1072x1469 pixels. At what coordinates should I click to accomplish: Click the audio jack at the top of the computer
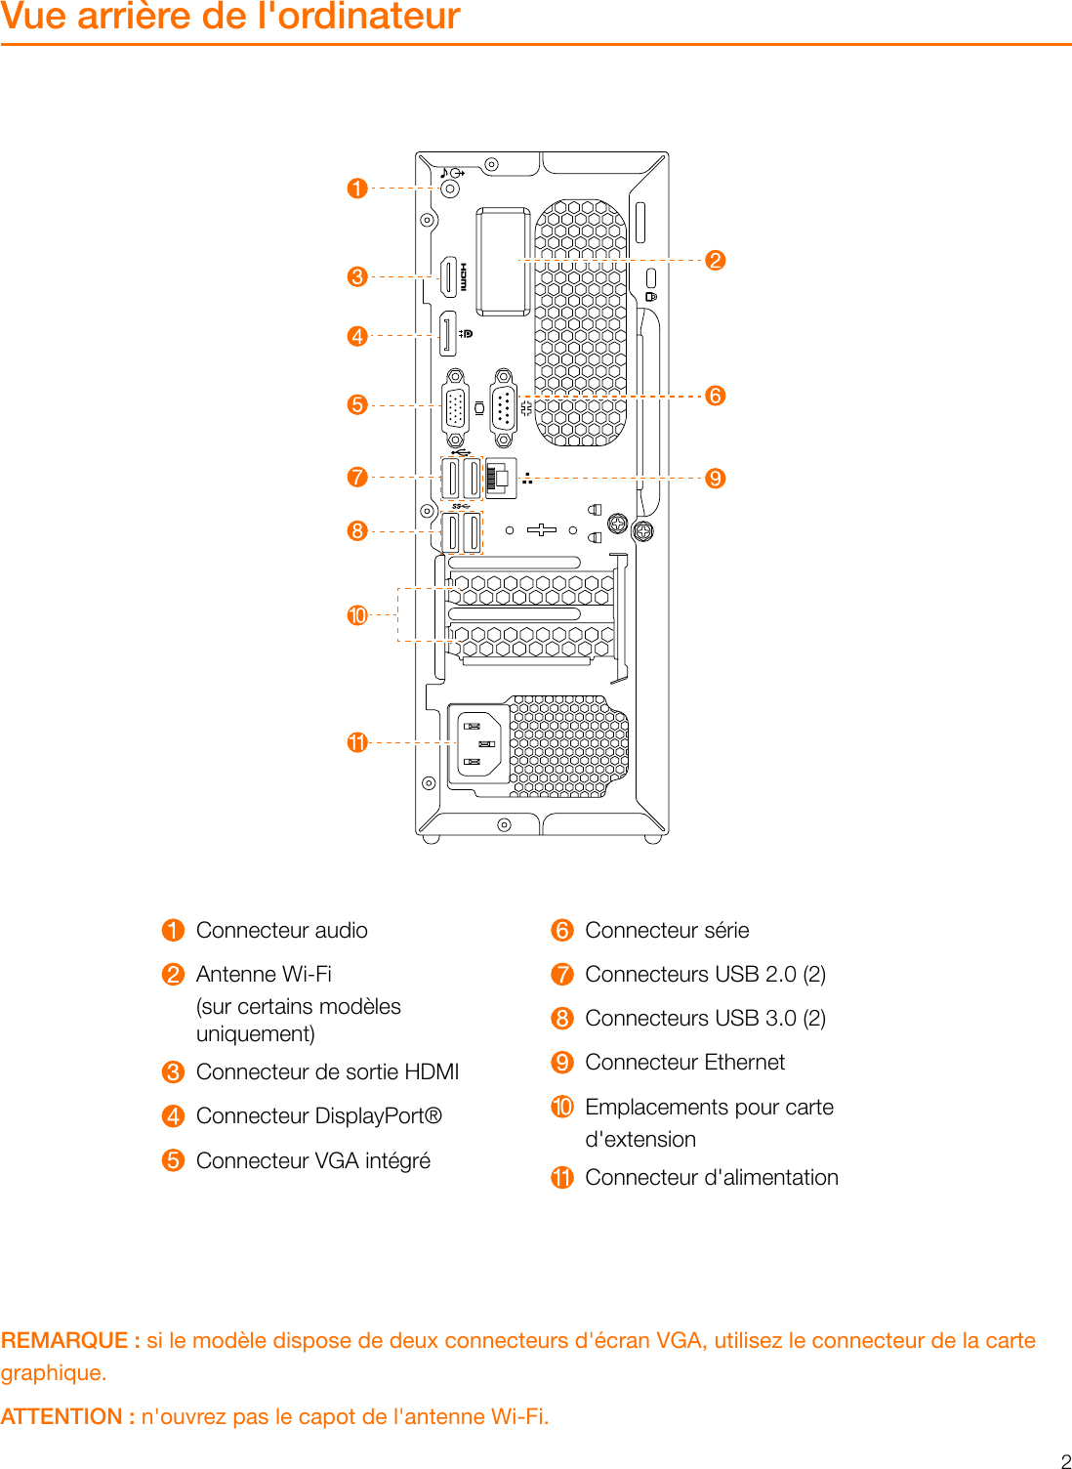[x=450, y=189]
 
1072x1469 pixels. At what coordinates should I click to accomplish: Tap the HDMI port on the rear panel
[x=449, y=277]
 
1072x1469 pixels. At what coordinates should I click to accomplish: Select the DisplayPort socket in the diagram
[x=447, y=335]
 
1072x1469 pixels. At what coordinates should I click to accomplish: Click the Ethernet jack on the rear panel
[x=501, y=478]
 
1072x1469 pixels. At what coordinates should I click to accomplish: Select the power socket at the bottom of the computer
[x=479, y=743]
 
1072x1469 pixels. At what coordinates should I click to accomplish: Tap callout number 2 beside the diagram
[x=716, y=260]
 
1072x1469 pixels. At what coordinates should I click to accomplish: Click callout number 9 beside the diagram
[x=716, y=478]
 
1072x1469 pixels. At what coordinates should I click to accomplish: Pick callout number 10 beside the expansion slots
[x=357, y=615]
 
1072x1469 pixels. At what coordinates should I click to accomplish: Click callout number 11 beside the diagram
[x=357, y=742]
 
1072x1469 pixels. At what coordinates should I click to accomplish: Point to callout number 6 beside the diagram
[x=716, y=396]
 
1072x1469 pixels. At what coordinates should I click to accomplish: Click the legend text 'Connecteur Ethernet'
[x=684, y=1063]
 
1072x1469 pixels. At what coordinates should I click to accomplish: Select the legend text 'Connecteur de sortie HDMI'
[x=327, y=1072]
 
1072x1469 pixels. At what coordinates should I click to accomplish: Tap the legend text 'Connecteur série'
[x=667, y=931]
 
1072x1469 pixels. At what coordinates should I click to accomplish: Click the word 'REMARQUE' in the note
[x=64, y=1340]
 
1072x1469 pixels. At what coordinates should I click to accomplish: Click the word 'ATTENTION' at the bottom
[x=61, y=1416]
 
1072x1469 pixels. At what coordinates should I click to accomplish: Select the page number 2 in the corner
[x=1065, y=1461]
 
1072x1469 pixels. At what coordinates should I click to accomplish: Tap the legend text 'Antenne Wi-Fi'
[x=264, y=975]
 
